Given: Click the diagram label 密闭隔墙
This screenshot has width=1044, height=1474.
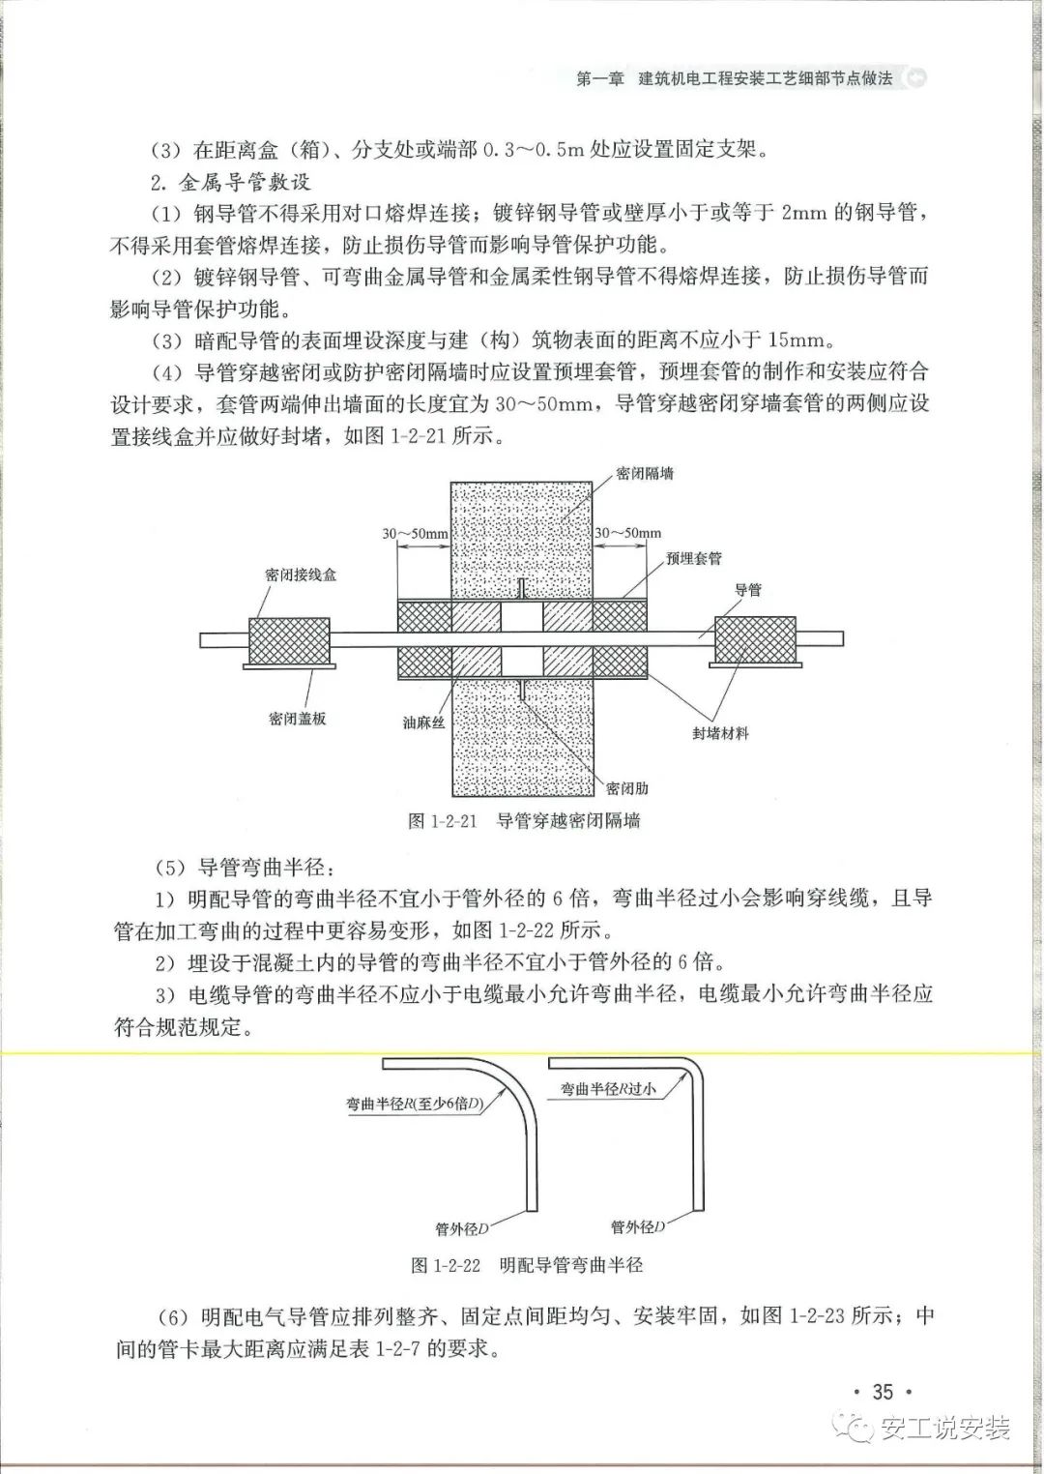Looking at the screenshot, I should click(x=645, y=474).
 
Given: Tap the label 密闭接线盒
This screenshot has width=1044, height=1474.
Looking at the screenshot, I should click(x=301, y=575).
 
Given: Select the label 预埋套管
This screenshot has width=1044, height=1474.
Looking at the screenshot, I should click(x=693, y=559).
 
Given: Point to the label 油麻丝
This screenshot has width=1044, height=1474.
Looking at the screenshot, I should click(x=423, y=722).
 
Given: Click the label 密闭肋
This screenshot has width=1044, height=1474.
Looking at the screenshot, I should click(x=627, y=788).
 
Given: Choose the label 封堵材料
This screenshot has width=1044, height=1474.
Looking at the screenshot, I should click(x=720, y=733).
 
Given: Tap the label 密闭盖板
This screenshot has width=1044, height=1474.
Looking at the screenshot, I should click(x=298, y=719).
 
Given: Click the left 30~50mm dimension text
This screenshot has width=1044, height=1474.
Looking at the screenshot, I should click(x=415, y=533).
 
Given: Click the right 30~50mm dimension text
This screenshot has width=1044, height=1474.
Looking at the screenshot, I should click(x=627, y=533).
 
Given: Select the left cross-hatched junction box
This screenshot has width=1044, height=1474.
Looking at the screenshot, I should click(x=290, y=639).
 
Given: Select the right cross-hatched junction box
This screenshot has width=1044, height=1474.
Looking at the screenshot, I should click(x=754, y=639).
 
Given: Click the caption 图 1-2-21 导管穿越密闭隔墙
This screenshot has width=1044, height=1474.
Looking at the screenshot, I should click(x=525, y=821).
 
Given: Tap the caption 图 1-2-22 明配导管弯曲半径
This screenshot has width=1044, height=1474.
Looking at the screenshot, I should click(x=527, y=1264).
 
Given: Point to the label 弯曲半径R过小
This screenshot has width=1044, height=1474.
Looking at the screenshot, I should click(x=608, y=1089).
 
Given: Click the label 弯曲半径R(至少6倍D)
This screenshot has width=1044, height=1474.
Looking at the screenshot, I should click(x=415, y=1104).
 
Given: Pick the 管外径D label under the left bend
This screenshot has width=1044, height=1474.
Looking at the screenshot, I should click(x=462, y=1229).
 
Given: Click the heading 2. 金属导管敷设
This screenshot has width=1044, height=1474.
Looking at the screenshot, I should click(x=230, y=182).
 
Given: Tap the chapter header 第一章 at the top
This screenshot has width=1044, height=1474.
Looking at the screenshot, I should click(x=599, y=78).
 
